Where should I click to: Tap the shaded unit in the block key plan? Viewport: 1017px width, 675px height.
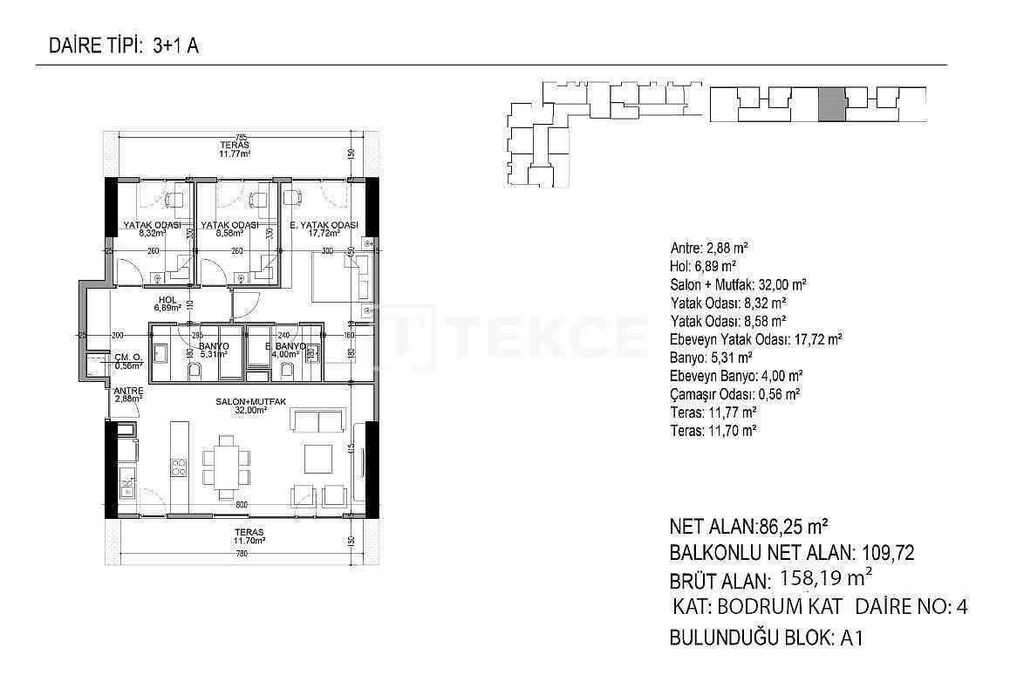(x=832, y=104)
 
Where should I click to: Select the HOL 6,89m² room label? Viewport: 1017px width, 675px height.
(x=166, y=303)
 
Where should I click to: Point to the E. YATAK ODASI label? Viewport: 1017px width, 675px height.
(x=324, y=226)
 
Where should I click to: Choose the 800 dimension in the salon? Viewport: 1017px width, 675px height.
(x=242, y=506)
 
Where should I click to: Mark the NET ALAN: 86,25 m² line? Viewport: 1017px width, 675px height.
(x=748, y=527)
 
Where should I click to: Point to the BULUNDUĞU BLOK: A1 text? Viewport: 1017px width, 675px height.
(x=766, y=637)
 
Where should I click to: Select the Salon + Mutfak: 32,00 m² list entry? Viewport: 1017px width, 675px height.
(x=737, y=284)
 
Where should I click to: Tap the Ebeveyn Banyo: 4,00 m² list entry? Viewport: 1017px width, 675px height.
(x=736, y=375)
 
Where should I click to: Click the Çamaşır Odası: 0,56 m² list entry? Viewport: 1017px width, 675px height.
(x=735, y=393)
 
